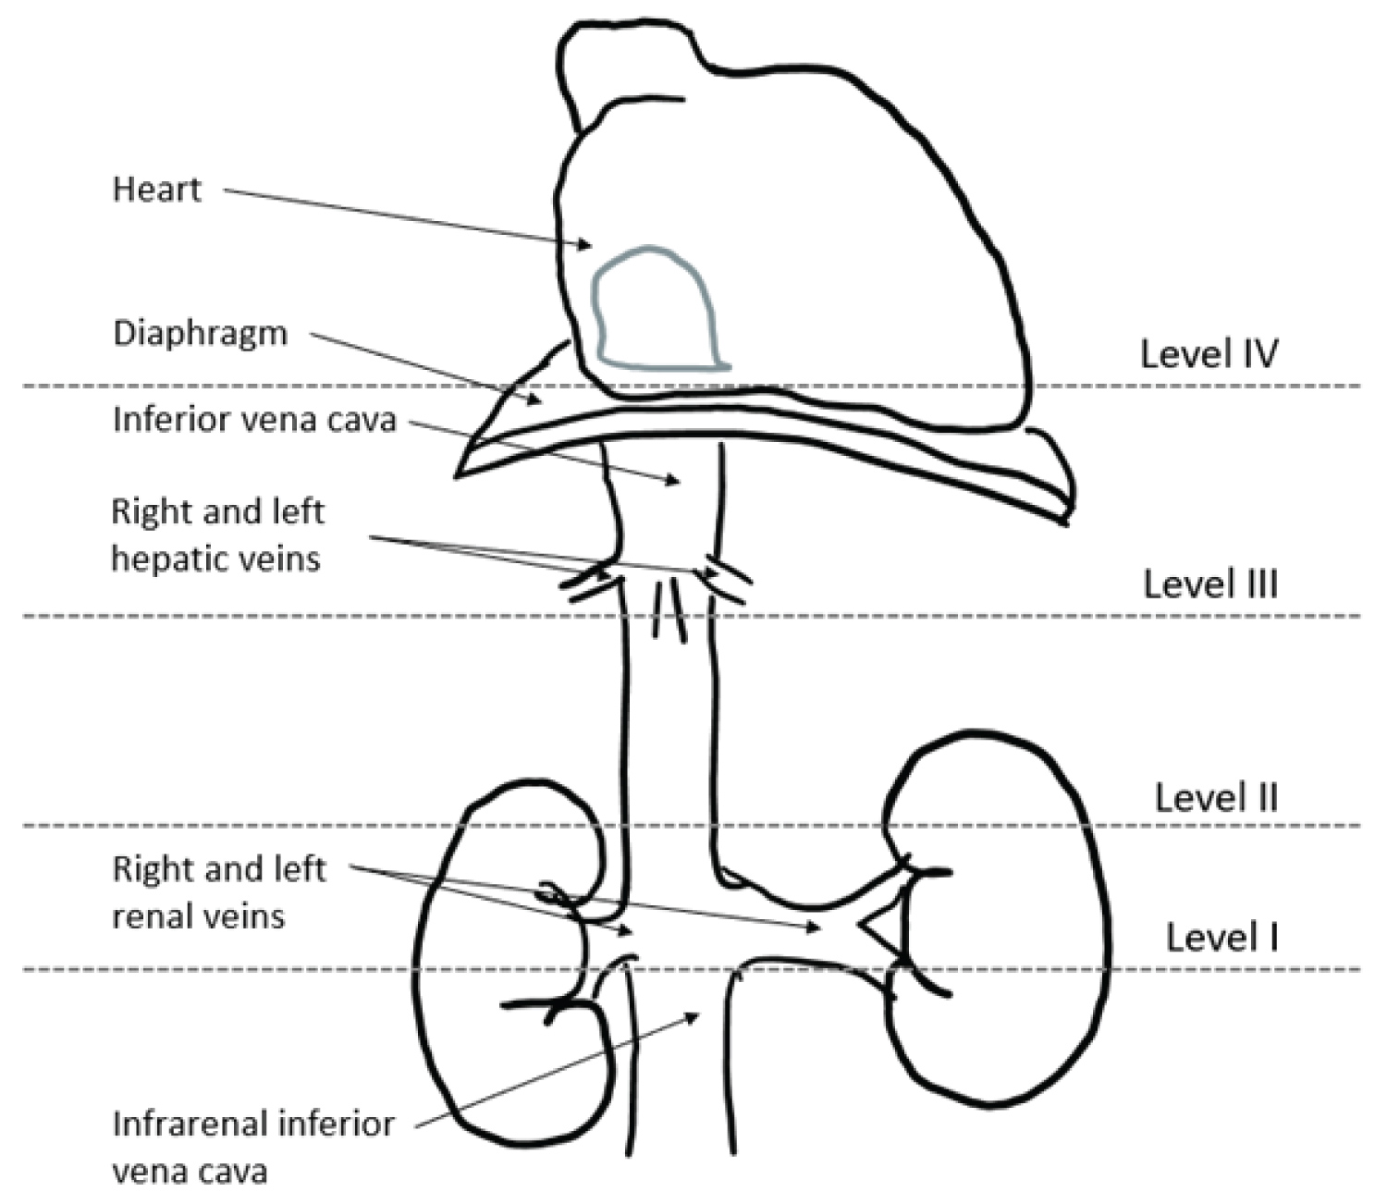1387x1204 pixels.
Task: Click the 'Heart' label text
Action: [156, 190]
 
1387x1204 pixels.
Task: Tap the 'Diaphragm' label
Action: [200, 333]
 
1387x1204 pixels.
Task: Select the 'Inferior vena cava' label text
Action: [254, 420]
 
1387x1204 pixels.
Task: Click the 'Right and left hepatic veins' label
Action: [217, 535]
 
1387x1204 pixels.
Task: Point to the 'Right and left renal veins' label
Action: [218, 893]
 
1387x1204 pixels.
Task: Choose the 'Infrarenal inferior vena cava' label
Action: [252, 1148]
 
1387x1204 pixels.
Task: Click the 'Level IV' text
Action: [1209, 354]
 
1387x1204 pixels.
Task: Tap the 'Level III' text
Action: [1210, 584]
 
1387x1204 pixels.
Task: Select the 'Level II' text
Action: [1216, 797]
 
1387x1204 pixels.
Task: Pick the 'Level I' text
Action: [1221, 938]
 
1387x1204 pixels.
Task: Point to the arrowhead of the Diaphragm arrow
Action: [536, 400]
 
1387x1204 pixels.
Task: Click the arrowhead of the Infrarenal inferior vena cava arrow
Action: [693, 1015]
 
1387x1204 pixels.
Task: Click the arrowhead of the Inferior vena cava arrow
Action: [675, 480]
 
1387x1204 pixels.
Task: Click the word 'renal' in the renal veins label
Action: [153, 916]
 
